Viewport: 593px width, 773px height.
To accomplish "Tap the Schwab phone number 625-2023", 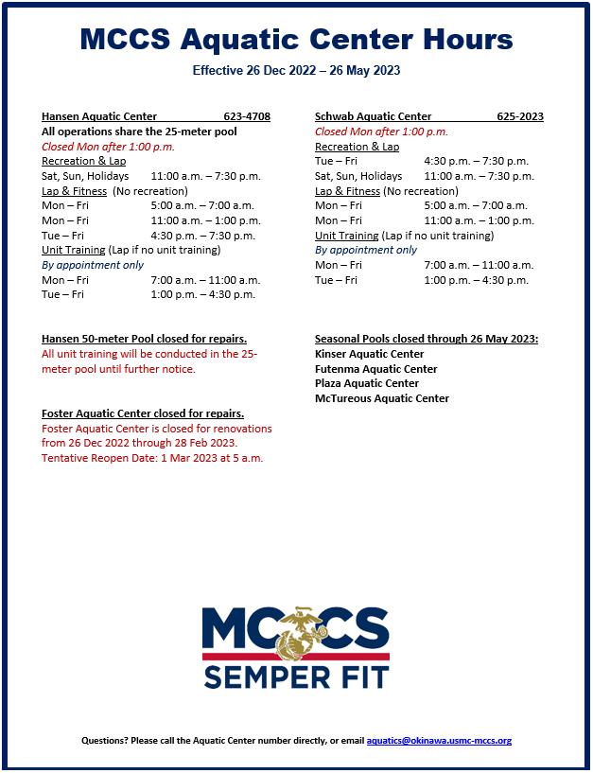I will click(520, 116).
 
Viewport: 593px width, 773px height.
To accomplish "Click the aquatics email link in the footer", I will click(439, 741).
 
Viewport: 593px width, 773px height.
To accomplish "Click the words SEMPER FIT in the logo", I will click(295, 677).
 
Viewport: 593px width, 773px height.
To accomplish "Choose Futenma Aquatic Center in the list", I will click(375, 369).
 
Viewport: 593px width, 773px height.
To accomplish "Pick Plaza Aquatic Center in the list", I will click(367, 383).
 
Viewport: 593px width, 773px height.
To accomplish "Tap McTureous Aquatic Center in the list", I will click(382, 398).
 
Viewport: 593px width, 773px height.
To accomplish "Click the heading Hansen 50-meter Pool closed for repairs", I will click(145, 339).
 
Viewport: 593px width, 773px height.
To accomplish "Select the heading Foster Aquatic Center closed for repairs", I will click(143, 413).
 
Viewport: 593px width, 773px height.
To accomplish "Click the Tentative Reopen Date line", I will click(152, 458).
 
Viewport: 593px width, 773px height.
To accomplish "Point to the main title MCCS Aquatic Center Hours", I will click(296, 39).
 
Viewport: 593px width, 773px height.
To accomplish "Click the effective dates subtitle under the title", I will click(296, 71).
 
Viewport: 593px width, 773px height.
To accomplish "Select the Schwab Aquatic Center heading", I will click(373, 116).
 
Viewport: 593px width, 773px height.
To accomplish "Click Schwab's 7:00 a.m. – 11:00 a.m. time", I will click(479, 265).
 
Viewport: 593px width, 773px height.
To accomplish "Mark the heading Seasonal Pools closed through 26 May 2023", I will click(427, 339).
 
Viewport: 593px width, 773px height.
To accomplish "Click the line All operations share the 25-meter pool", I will click(139, 132).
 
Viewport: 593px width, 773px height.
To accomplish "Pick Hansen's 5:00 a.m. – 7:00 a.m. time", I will click(202, 205).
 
